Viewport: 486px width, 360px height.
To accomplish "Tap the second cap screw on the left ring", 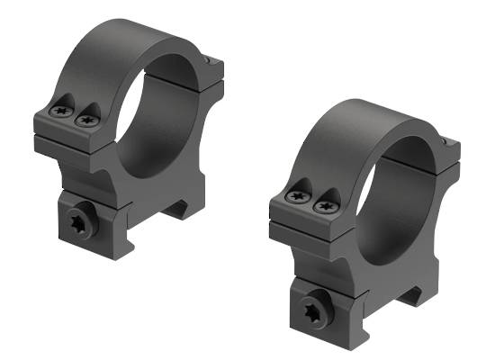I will (87, 114).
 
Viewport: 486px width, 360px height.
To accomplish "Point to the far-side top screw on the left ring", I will (209, 60).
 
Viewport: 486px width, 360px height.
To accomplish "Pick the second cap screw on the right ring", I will (320, 206).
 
